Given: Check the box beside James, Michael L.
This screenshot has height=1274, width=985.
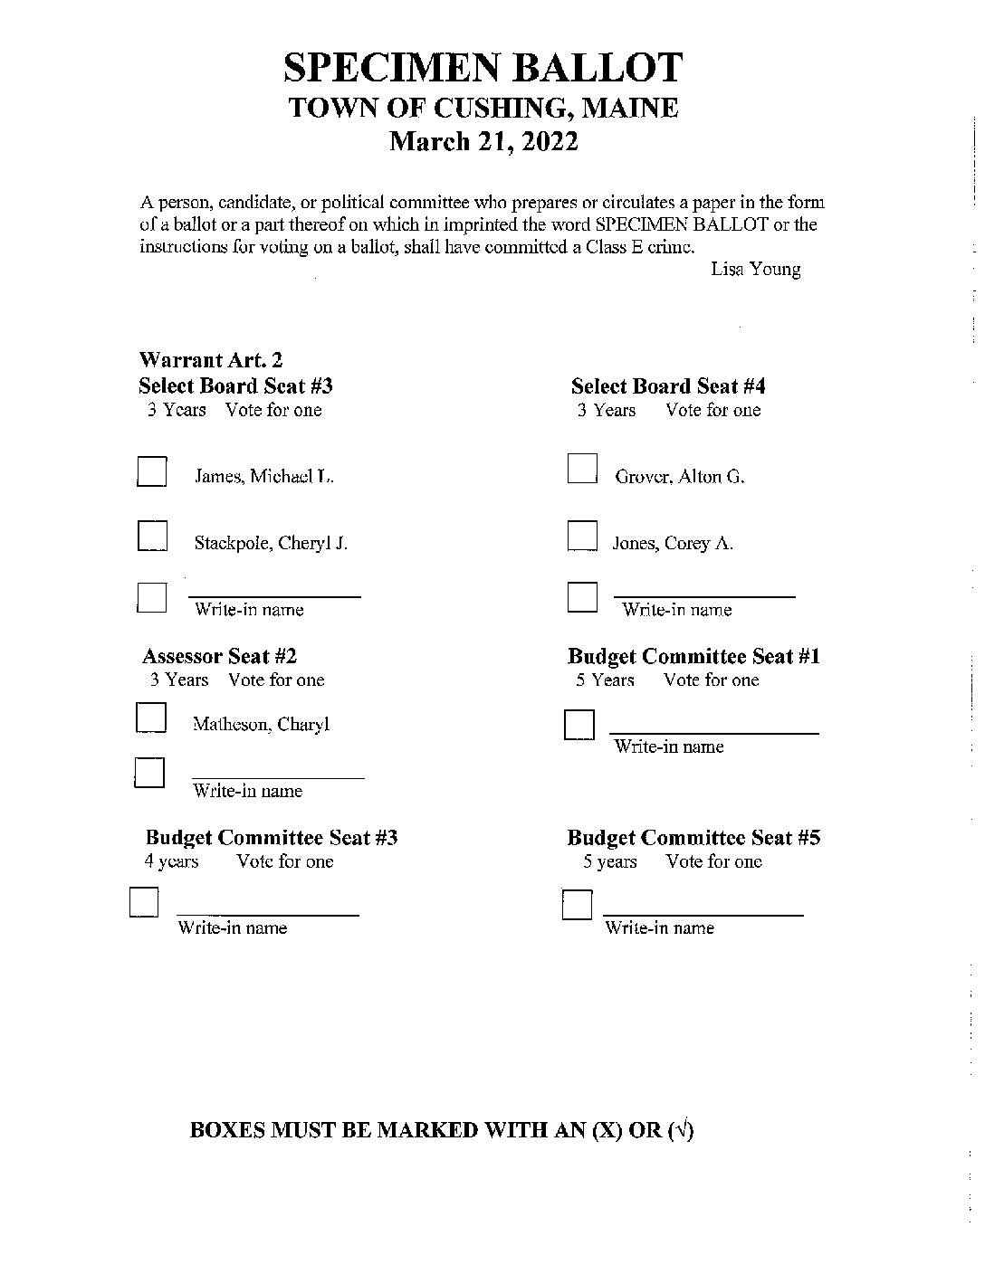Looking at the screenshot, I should tap(151, 472).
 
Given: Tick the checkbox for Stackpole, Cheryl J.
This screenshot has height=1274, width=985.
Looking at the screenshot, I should tap(152, 536).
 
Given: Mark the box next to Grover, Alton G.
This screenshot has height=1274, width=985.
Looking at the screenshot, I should tap(582, 469).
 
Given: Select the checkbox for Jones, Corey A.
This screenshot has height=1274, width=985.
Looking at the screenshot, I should tap(582, 536).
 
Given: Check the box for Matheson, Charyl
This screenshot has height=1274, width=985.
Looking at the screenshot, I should tap(151, 718).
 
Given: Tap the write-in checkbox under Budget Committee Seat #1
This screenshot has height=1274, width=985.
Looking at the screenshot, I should tap(579, 725).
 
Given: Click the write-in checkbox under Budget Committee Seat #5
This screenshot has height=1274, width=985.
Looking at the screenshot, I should tap(577, 904).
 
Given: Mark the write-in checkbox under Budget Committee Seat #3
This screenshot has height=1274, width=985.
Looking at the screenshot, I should tap(144, 903).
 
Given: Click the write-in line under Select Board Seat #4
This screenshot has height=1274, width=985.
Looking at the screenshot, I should tap(704, 595).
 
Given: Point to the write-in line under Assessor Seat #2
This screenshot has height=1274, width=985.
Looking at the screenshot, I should tap(277, 775).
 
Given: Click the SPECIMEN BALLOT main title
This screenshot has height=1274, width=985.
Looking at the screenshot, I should tap(483, 69).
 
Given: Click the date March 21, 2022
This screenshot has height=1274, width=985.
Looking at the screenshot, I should tap(483, 142).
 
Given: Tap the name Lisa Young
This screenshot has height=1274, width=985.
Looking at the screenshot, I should tap(755, 270).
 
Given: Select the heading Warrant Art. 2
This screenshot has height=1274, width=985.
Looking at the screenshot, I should tap(211, 360).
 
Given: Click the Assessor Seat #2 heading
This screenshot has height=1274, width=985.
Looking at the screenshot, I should tap(219, 656).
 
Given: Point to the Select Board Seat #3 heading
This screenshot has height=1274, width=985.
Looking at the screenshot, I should tap(235, 386).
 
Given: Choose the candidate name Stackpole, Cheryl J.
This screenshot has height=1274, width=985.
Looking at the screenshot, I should tap(271, 543).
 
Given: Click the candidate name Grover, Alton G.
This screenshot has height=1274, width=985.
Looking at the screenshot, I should tap(679, 477).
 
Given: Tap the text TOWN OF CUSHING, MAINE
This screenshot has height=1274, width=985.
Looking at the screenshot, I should tap(483, 109).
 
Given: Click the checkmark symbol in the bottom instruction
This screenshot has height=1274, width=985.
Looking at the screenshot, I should tap(682, 1130).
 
